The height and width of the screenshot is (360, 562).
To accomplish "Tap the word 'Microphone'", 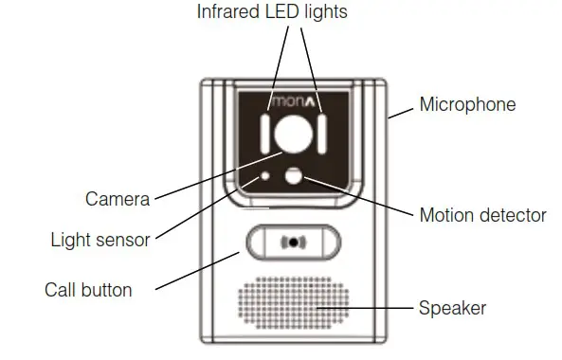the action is click(x=467, y=104).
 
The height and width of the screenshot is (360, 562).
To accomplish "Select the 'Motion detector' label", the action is click(x=482, y=216).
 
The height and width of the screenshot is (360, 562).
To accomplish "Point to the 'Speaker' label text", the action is click(x=452, y=308).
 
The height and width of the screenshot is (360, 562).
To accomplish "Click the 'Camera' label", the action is click(x=118, y=199).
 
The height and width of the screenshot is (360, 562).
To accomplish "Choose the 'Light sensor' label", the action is click(x=100, y=240).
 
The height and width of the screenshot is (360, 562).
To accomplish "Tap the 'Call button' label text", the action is click(x=89, y=289).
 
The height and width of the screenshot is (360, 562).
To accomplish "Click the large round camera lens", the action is click(x=295, y=134).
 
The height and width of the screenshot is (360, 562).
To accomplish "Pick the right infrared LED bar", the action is click(x=323, y=135).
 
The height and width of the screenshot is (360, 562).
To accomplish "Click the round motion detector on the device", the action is click(x=295, y=175).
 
